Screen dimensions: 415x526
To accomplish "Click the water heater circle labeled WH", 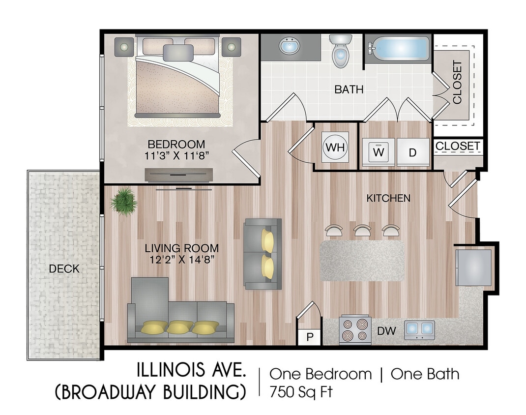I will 335,147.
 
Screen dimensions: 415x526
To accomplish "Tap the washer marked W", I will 378,152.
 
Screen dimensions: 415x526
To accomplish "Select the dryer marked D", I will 413,152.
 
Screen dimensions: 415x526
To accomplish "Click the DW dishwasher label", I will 387,331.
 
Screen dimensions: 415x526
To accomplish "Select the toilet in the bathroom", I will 341,52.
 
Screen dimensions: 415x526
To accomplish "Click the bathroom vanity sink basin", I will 289,47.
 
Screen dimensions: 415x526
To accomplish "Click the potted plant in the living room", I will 123,201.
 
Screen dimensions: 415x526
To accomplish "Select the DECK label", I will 64,269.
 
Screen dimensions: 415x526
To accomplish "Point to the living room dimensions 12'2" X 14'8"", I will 181,260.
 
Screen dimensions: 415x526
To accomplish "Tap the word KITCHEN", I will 388,198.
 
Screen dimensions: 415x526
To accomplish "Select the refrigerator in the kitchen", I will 474,267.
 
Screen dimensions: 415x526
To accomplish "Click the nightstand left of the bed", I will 123,47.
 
